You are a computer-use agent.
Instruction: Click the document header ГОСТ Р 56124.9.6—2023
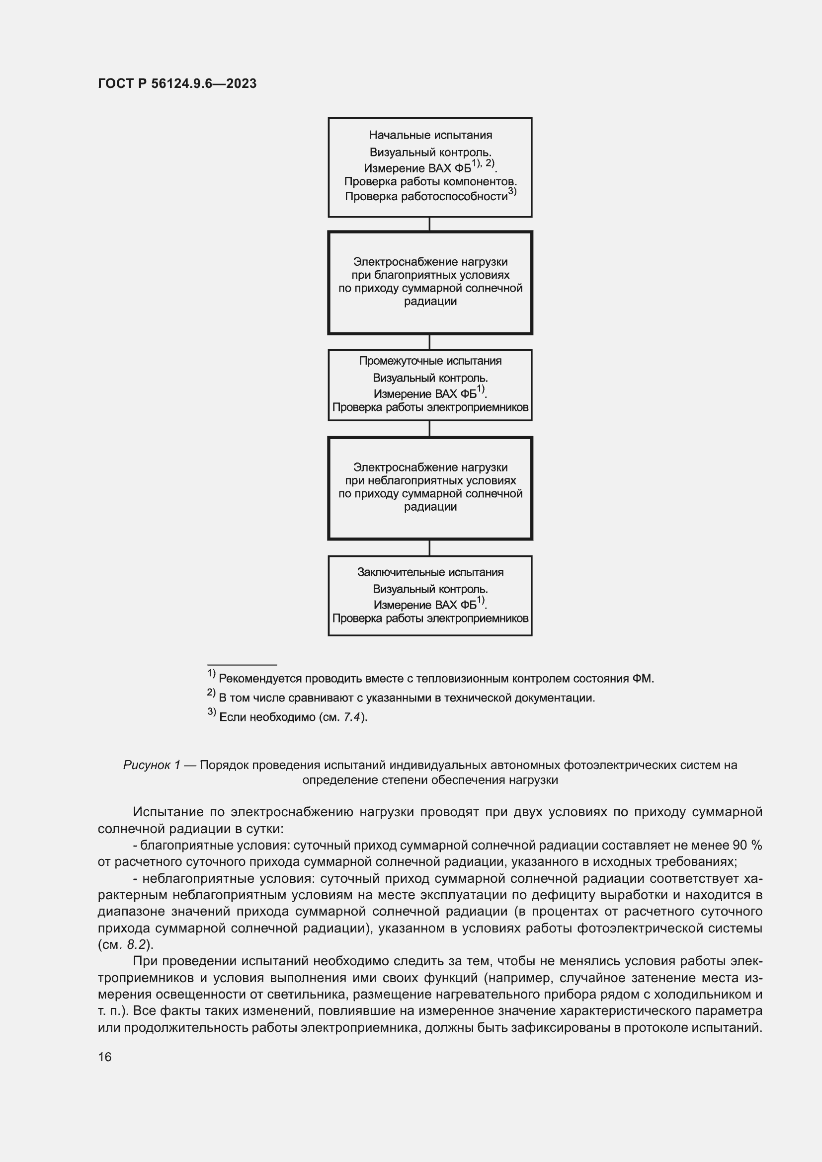177,83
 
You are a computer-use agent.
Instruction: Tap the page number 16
105,1057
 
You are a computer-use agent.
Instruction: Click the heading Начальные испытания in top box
430,135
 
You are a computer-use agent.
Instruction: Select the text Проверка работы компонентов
430,181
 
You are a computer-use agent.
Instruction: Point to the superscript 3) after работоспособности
512,191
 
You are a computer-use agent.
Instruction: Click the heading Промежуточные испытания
430,361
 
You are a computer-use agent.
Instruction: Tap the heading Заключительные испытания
430,572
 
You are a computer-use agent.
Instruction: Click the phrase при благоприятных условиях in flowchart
430,275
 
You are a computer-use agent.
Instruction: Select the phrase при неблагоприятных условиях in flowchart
430,480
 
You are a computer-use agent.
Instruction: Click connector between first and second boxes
430,224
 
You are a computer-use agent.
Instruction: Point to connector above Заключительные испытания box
430,547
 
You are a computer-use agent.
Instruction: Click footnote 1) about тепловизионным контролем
430,679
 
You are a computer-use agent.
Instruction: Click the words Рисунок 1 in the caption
152,765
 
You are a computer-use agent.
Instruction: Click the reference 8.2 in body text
136,944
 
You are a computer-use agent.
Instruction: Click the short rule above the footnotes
242,665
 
